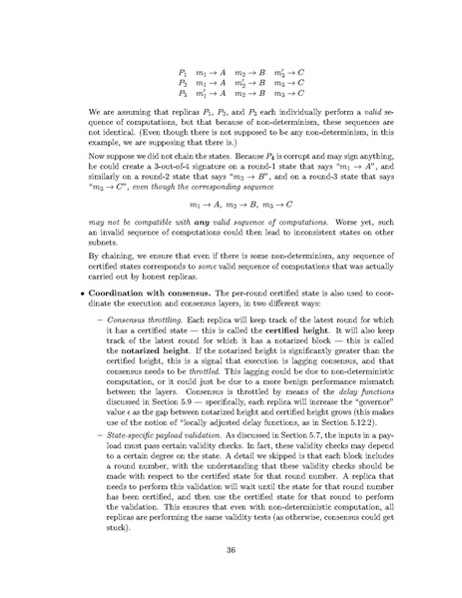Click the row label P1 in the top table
(156, 46)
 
